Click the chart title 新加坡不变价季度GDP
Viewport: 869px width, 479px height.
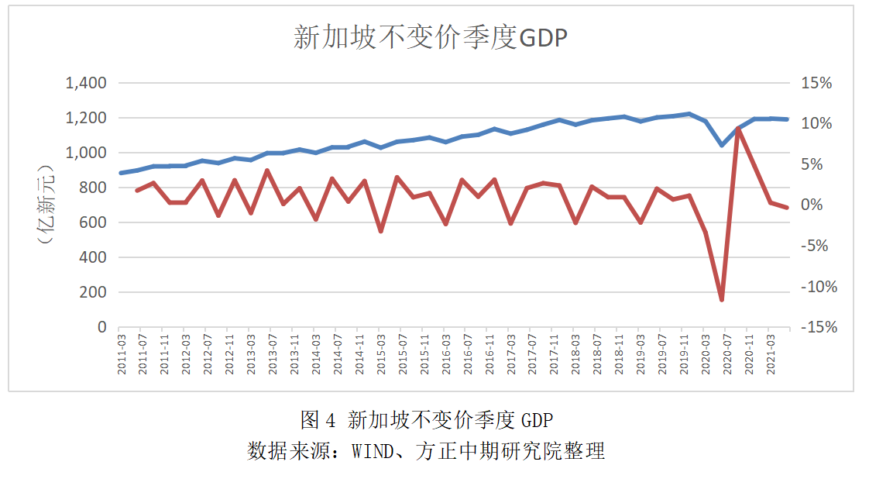pos(431,37)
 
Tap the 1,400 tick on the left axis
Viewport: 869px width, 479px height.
pos(85,83)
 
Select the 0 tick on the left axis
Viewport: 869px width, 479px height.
pos(101,327)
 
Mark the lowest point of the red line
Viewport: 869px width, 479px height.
pos(722,300)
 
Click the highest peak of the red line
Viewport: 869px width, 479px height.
pos(738,129)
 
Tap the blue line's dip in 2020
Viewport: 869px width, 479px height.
pos(722,145)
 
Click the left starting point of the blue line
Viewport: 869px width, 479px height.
pos(121,173)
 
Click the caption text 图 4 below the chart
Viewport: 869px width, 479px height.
pos(318,420)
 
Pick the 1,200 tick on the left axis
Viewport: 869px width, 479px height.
pos(85,118)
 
